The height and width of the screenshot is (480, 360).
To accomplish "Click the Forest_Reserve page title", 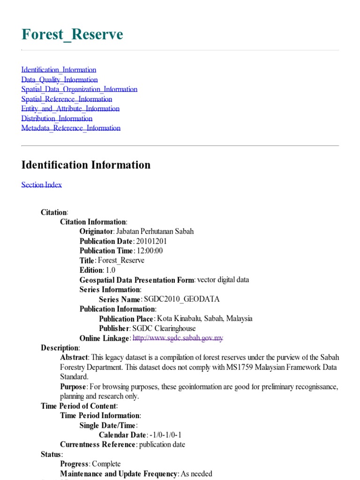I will [x=72, y=34].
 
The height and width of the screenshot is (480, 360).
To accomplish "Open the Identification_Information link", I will [x=59, y=70].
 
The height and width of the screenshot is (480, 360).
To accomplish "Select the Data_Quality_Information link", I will [x=60, y=80].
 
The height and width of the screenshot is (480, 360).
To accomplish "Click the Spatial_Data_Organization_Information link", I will [x=79, y=89].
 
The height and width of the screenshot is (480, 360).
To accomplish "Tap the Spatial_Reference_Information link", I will [x=67, y=99].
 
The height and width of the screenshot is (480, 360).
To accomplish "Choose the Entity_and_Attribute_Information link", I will [x=70, y=109].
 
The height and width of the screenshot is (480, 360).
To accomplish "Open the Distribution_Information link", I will [x=57, y=118].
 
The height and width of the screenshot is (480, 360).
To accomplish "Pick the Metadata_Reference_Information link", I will [x=71, y=128].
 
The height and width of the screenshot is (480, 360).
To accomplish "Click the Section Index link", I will [x=41, y=185].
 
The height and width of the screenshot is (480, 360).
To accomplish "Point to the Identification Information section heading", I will [x=86, y=165].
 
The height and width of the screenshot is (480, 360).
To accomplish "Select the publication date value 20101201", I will [x=152, y=241].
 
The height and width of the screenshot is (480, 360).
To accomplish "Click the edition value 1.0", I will [x=111, y=270].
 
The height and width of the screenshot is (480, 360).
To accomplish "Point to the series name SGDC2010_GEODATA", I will [x=181, y=299].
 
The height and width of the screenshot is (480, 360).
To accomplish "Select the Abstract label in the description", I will [x=74, y=358].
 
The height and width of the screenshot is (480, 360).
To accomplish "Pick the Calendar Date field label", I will [x=122, y=435].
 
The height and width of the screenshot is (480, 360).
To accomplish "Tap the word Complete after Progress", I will [x=106, y=464].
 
